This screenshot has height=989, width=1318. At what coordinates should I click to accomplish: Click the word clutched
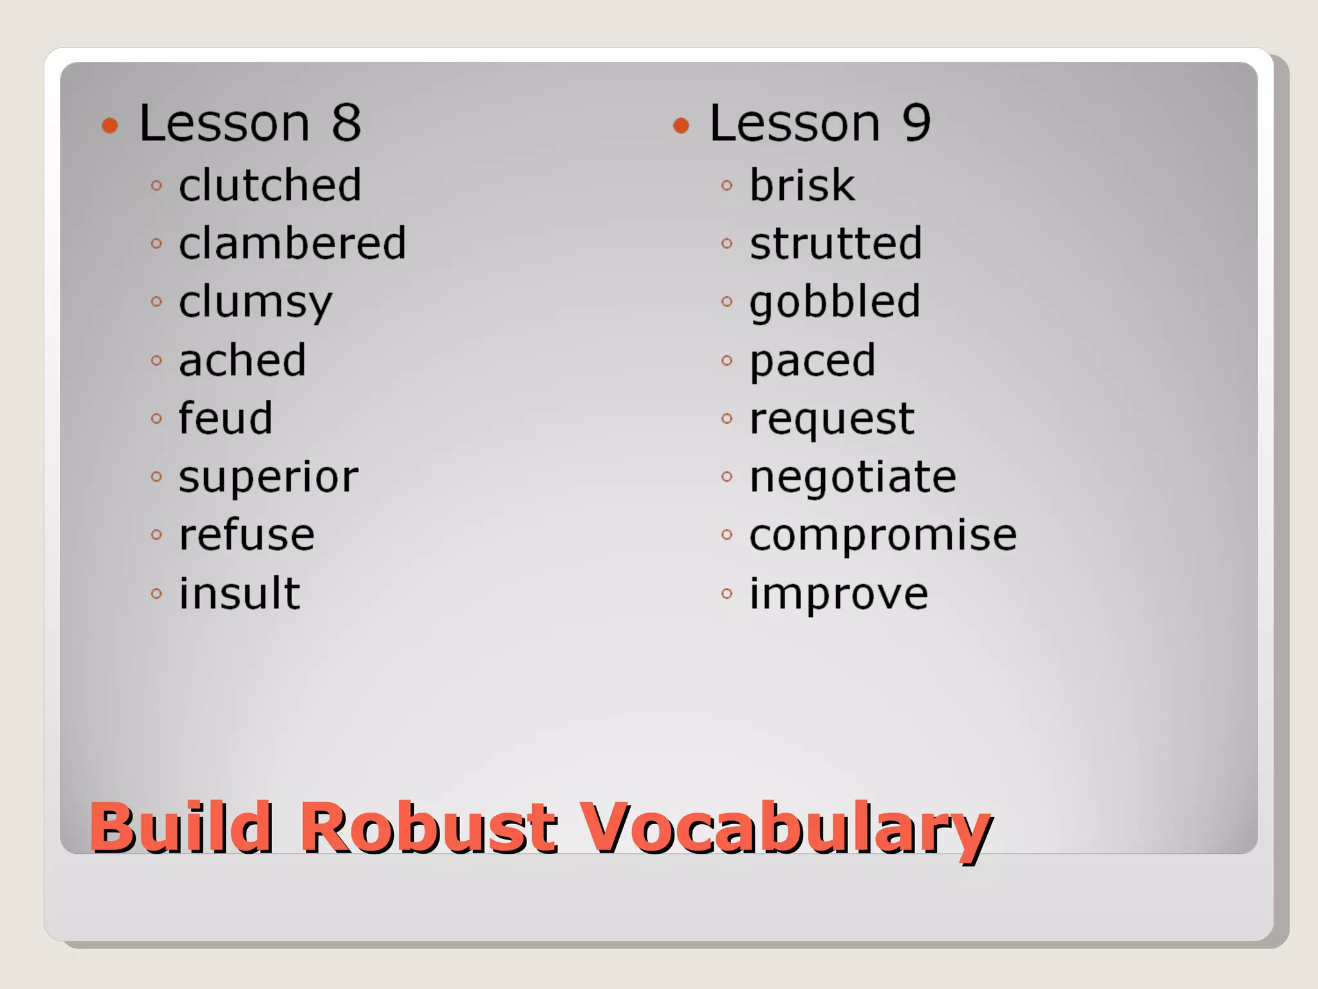(x=270, y=185)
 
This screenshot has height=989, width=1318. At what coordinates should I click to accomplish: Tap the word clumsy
(x=255, y=303)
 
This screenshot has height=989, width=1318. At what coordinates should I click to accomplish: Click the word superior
(x=268, y=478)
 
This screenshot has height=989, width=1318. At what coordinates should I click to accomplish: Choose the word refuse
(x=246, y=535)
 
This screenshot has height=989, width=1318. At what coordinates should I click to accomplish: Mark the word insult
(x=239, y=593)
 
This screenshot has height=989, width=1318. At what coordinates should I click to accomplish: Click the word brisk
(x=802, y=185)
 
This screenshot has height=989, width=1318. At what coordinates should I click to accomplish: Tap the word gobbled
(x=835, y=303)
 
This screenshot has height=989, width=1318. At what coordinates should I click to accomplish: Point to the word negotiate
(x=853, y=477)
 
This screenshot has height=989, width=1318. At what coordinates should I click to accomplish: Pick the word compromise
(x=883, y=535)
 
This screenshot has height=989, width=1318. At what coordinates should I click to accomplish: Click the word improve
(x=839, y=594)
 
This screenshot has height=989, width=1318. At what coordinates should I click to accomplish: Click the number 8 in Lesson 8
(x=346, y=123)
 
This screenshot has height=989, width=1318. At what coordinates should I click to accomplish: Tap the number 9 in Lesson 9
(x=916, y=123)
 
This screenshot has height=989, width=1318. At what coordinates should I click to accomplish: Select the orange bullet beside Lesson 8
(x=110, y=126)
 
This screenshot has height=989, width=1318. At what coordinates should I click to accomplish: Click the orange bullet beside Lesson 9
(x=681, y=126)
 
